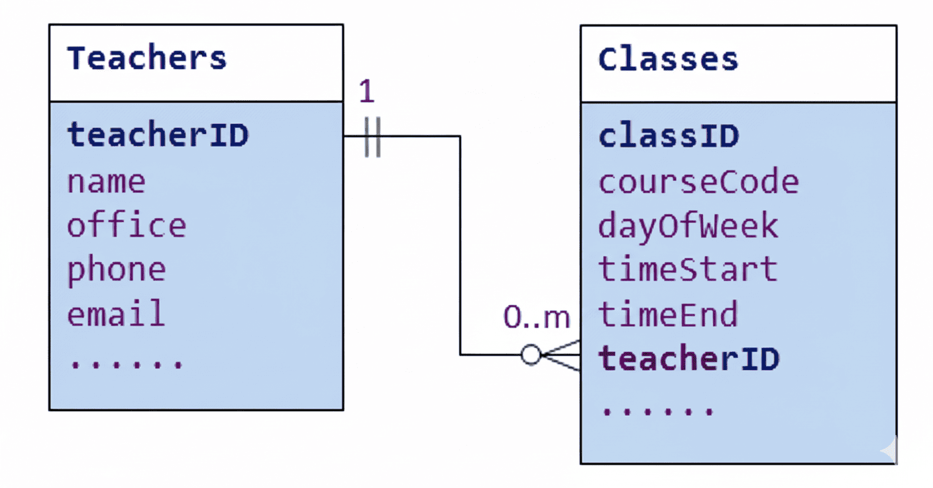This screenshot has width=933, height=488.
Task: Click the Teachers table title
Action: pyautogui.click(x=146, y=58)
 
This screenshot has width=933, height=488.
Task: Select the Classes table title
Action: pyautogui.click(x=668, y=59)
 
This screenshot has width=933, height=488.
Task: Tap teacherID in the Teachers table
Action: pyautogui.click(x=158, y=135)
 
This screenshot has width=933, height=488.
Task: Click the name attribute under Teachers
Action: pyautogui.click(x=106, y=181)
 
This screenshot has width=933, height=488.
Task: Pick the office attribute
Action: pyautogui.click(x=127, y=225)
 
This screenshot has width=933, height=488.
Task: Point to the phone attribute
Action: pyautogui.click(x=116, y=270)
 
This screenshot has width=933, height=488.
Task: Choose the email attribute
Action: pyautogui.click(x=116, y=314)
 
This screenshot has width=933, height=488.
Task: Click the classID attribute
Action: pyautogui.click(x=669, y=136)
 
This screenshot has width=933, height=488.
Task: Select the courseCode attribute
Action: pyautogui.click(x=698, y=181)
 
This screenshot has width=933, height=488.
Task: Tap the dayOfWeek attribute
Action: pyautogui.click(x=688, y=225)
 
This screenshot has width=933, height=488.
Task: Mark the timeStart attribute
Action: pyautogui.click(x=688, y=270)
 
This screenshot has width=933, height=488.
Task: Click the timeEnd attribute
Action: pyautogui.click(x=668, y=314)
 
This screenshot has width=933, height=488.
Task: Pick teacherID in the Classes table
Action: pyautogui.click(x=689, y=359)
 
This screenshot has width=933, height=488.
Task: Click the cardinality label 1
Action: pyautogui.click(x=366, y=92)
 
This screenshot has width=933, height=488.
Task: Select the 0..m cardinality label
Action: pyautogui.click(x=536, y=318)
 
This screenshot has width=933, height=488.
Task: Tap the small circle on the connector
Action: pyautogui.click(x=531, y=355)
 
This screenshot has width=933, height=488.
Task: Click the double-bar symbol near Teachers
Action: pyautogui.click(x=372, y=137)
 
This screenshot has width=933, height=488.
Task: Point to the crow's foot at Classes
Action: pyautogui.click(x=562, y=355)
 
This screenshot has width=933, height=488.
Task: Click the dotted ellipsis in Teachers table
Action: pyautogui.click(x=126, y=363)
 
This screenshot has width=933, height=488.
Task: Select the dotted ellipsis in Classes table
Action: pyautogui.click(x=657, y=409)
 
